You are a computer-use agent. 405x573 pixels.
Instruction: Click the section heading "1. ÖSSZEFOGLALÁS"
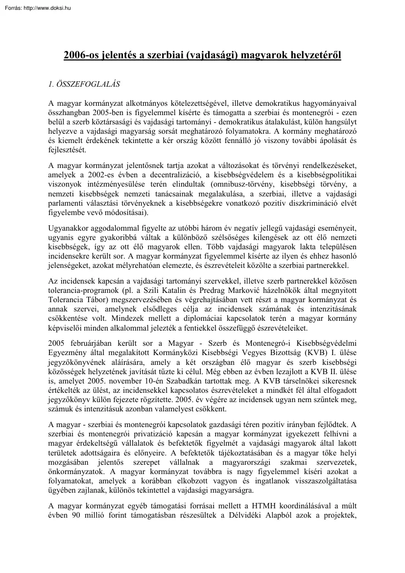pos(84,84)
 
